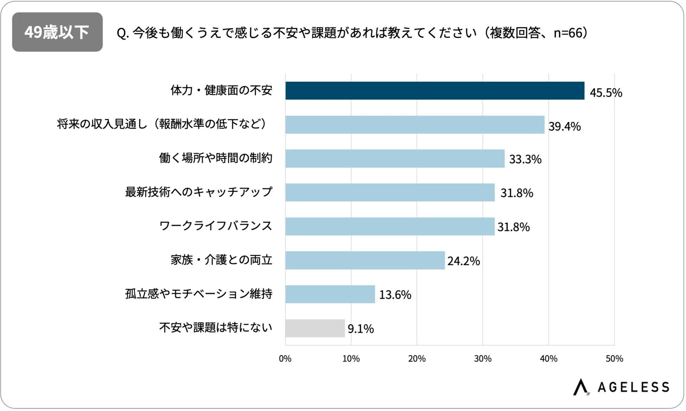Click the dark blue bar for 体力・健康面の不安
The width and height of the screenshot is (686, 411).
(434, 91)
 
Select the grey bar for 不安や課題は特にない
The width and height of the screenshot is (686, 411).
(315, 328)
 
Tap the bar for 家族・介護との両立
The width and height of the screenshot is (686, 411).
(365, 260)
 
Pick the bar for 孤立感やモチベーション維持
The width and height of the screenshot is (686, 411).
(330, 294)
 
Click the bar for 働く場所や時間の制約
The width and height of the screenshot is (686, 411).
(395, 159)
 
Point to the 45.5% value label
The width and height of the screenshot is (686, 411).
(606, 93)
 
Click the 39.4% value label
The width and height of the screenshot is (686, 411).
(564, 127)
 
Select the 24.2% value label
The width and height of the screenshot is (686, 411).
(463, 261)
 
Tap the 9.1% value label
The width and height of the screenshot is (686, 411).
(361, 329)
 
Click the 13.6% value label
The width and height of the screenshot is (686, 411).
(395, 295)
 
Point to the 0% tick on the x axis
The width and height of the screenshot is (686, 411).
(285, 359)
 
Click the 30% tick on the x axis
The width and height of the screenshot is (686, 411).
(482, 359)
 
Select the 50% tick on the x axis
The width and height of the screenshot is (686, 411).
(614, 359)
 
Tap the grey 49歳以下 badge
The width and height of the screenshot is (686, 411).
(57, 32)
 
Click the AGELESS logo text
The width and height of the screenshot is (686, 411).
(633, 387)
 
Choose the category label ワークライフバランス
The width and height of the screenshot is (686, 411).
(216, 226)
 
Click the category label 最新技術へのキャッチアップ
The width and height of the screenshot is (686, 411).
(199, 192)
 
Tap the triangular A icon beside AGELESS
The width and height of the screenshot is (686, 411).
(581, 387)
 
